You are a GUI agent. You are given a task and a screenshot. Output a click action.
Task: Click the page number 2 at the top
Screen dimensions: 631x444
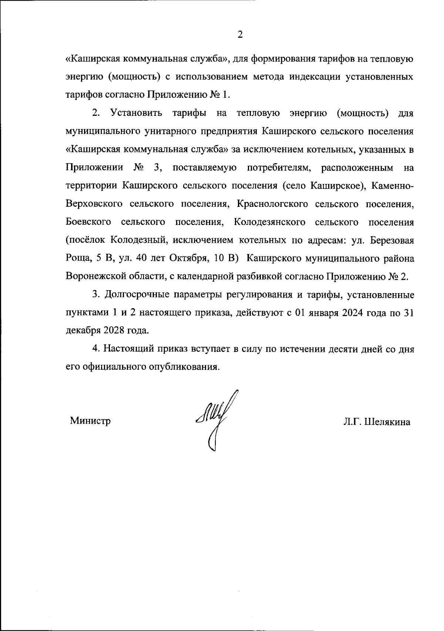pos(240,35)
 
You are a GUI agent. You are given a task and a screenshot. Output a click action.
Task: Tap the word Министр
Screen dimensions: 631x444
pos(90,421)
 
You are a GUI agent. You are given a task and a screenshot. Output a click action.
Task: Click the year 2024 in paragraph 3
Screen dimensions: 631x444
pos(354,313)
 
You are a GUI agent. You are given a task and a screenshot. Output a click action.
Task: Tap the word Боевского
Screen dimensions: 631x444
pos(88,222)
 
